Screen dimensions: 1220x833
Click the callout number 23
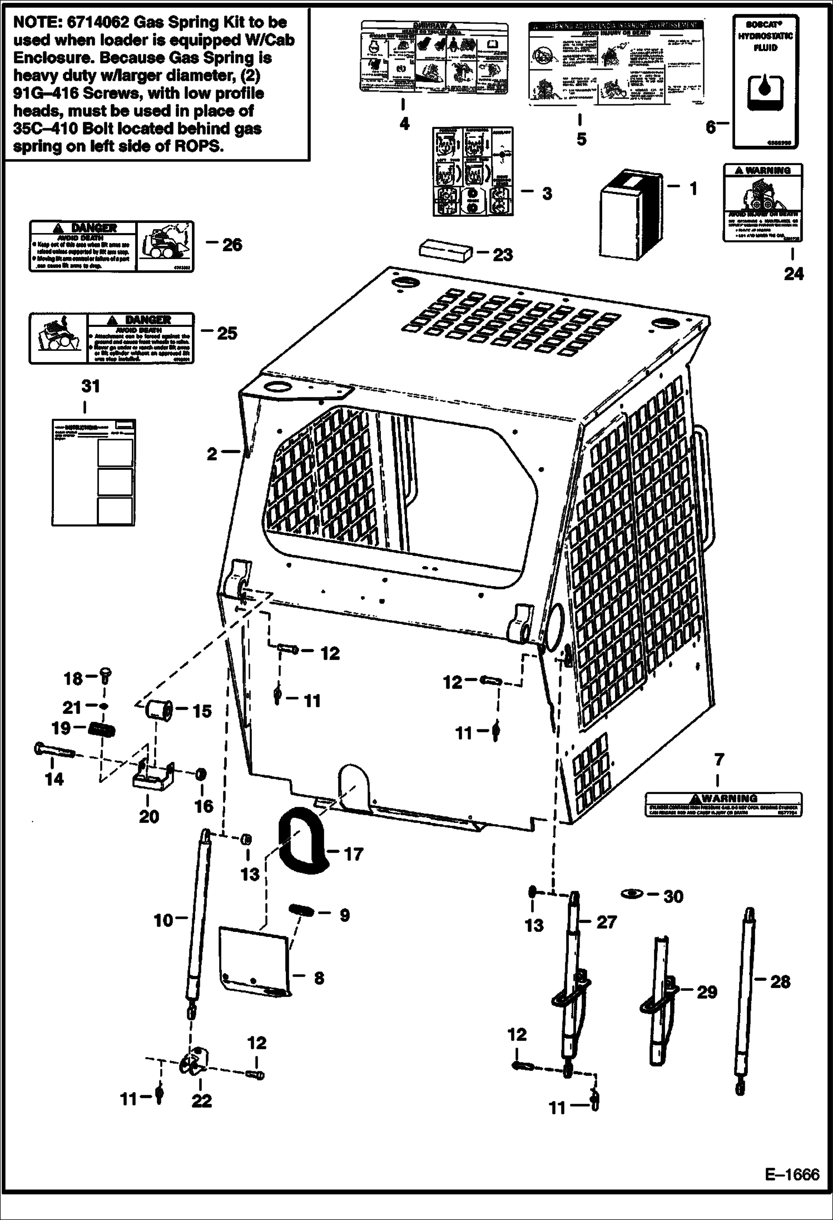coord(503,255)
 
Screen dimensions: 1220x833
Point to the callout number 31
coord(91,386)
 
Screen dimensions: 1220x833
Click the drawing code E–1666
coord(792,1174)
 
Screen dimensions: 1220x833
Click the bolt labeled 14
coord(54,752)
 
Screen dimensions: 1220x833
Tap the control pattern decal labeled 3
coord(473,171)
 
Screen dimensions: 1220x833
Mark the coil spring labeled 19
coord(101,728)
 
